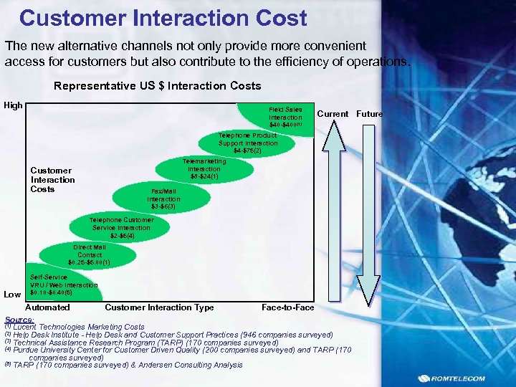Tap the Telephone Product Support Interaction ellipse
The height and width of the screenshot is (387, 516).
point(247,143)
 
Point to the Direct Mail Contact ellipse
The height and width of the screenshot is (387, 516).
point(90,254)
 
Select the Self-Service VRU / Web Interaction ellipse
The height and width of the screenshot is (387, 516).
point(61,285)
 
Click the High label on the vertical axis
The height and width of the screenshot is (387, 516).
point(13,106)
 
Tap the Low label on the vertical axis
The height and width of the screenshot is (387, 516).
point(12,295)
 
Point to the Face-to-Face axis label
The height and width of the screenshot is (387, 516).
point(287,307)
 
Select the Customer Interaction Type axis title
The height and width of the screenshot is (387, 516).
point(159,307)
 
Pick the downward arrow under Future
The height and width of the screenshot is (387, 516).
point(368,215)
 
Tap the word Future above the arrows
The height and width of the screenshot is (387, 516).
point(370,114)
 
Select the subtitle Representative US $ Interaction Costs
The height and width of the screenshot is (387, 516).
point(158,86)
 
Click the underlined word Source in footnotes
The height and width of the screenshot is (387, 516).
point(18,320)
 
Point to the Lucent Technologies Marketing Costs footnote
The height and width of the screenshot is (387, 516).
point(79,327)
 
